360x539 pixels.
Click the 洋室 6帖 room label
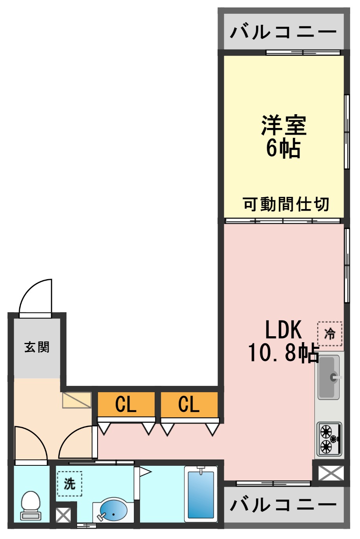283,137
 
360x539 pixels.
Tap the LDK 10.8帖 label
283,341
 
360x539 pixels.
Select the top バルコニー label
283,31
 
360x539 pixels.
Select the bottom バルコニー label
283,504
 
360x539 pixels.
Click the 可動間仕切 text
286,204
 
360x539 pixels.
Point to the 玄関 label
37,347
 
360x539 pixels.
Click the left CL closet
126,404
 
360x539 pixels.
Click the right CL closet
189,404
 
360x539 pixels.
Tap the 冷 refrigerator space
330,333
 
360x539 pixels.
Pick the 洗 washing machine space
70,483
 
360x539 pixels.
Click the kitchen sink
329,377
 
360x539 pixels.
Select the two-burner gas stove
329,439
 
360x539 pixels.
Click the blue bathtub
201,494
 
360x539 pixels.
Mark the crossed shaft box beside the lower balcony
330,473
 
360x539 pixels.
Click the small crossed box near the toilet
63,515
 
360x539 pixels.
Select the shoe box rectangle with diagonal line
77,400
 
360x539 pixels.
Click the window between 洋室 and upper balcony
303,52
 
